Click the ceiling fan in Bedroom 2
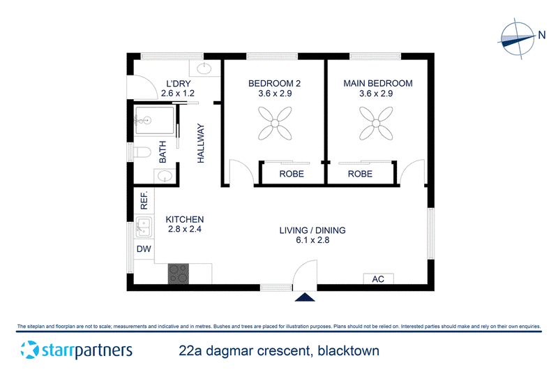coord(275,123)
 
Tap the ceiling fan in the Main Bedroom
coord(376,123)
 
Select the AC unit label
coord(378,279)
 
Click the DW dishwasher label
coord(144,249)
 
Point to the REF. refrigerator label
coord(144,200)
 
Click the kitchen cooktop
coord(179,274)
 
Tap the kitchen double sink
coord(144,227)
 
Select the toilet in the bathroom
coord(141,152)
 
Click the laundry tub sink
coord(204,68)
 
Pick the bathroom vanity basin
coord(165,176)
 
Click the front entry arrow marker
coord(305,297)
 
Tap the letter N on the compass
coord(542,35)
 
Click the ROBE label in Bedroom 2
coord(292,174)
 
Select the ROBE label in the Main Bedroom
coord(360,174)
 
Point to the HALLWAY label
coord(201,144)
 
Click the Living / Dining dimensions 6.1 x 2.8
coord(312,240)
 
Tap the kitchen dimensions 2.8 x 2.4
coord(184,229)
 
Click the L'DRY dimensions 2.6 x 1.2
coord(178,94)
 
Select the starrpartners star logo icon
coord(29,350)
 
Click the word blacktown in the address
coord(348,350)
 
